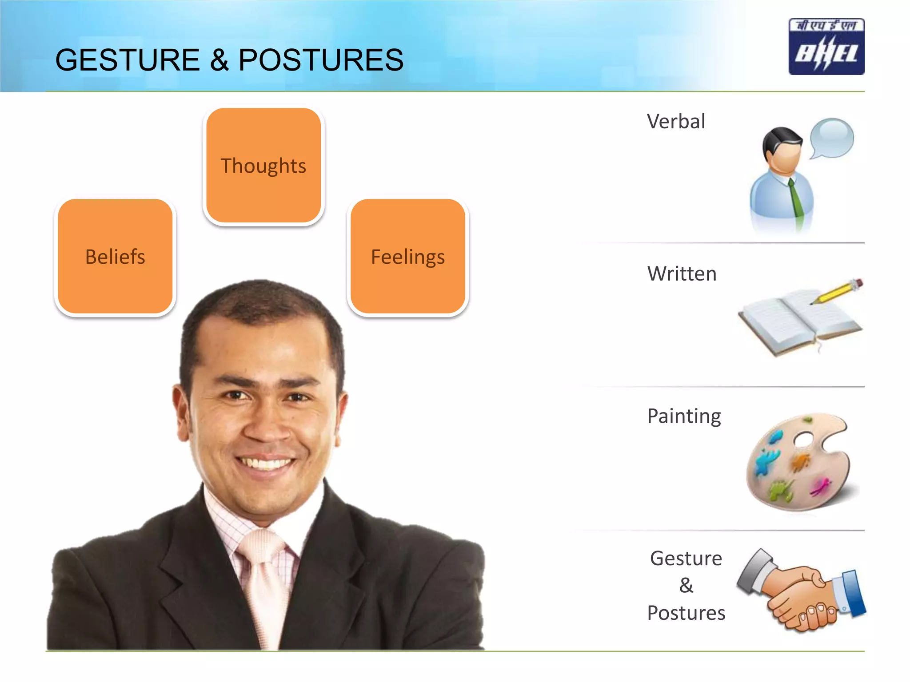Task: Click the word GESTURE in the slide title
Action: coord(128,60)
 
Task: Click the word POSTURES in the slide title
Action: coord(321,60)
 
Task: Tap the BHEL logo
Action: coord(826,47)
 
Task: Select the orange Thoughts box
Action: coord(263,166)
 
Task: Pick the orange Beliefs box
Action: coord(115,257)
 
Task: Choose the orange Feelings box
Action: coord(408,257)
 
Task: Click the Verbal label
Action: coord(676,121)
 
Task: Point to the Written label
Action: coord(682,274)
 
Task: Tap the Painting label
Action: coord(684,416)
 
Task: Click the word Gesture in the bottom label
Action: coord(686,559)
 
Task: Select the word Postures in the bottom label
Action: coord(686,613)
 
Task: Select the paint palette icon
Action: coord(798,464)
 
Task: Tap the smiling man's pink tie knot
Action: coord(260,546)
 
